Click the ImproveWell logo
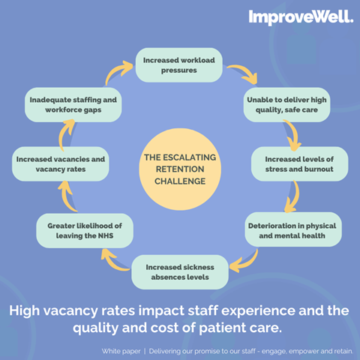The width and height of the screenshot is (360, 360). click(x=301, y=17)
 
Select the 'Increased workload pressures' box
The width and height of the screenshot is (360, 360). click(x=179, y=65)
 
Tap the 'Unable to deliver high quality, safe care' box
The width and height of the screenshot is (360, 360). click(x=286, y=105)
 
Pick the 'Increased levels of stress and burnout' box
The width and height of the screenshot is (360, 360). click(x=299, y=164)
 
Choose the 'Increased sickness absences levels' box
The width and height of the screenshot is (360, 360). click(x=180, y=272)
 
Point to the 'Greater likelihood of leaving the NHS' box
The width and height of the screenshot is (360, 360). click(x=85, y=230)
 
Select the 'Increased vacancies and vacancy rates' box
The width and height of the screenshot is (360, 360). click(x=61, y=164)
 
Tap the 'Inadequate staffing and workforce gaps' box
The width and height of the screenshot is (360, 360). click(x=73, y=105)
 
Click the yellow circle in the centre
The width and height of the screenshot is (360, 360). click(x=180, y=169)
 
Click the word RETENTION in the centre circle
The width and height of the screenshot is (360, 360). click(x=180, y=169)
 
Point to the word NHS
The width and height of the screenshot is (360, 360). click(x=106, y=235)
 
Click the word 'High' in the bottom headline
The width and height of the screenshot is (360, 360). click(x=25, y=311)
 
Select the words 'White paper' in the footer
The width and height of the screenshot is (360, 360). click(x=121, y=351)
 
